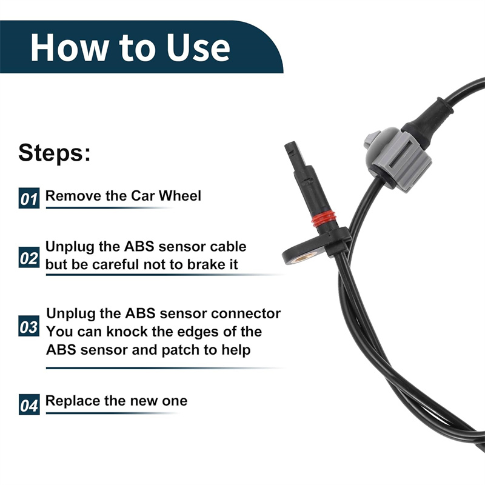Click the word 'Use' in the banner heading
coord(198,47)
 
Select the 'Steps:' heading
coord(55,153)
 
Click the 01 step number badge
coord(29,198)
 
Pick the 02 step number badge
coord(29,257)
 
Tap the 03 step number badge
coord(29,326)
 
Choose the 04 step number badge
coord(29,404)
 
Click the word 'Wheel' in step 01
coord(179,196)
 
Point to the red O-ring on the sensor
coord(324,219)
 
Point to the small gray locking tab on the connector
coord(372,138)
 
